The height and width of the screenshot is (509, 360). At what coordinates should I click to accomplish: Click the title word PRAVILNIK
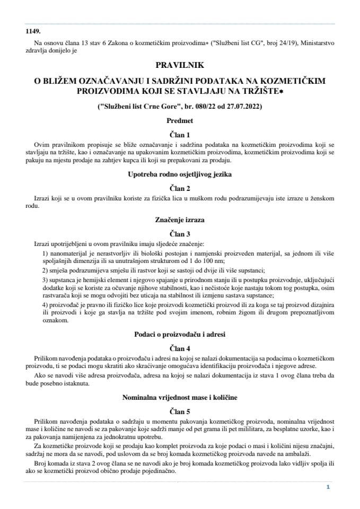(x=180, y=65)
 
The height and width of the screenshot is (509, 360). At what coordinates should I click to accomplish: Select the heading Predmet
(x=180, y=121)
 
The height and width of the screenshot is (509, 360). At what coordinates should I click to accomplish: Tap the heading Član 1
(x=180, y=135)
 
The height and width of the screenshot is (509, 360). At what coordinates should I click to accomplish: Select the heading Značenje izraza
(x=180, y=219)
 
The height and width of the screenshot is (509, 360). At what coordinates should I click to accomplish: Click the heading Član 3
(x=180, y=233)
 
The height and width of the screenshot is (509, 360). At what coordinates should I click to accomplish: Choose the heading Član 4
(x=180, y=348)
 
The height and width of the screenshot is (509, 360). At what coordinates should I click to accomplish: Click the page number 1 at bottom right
(x=328, y=487)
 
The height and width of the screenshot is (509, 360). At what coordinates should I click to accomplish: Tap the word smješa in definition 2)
(x=58, y=270)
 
